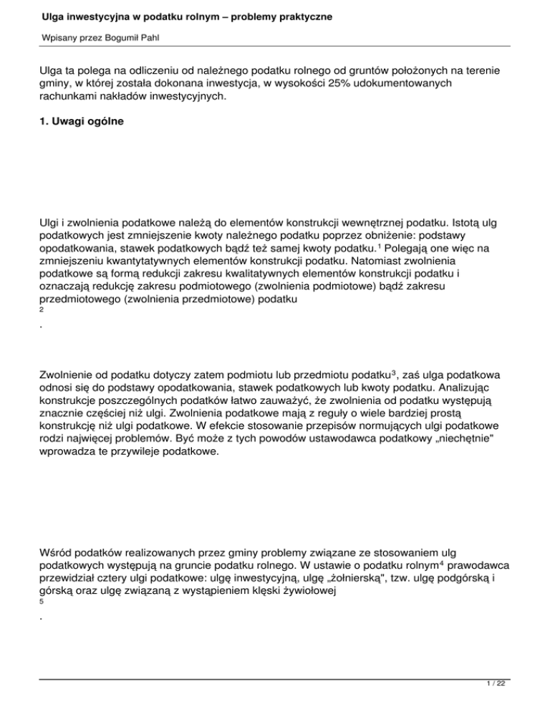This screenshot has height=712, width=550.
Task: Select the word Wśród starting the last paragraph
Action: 57,558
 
